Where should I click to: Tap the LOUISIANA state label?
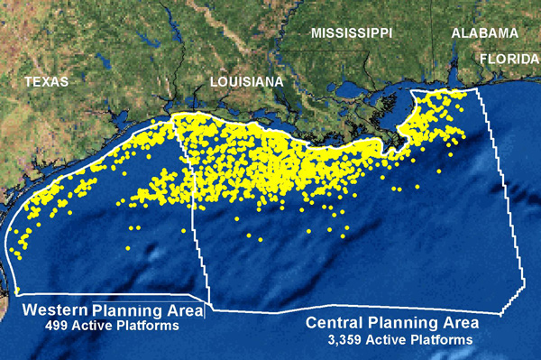[x=246, y=82]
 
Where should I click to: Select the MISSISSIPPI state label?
[x=351, y=32]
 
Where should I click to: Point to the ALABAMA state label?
[x=484, y=32]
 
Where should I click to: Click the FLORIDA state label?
[x=509, y=58]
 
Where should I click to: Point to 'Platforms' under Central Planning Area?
[x=442, y=340]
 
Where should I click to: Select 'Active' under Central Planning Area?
[x=391, y=340]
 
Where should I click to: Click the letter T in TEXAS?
[x=29, y=81]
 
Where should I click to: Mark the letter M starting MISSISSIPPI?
[x=316, y=32]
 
